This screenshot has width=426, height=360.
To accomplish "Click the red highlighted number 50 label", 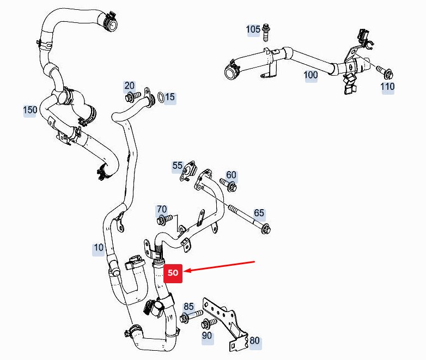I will (x=173, y=273).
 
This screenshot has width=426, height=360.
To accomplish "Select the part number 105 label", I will (x=253, y=29).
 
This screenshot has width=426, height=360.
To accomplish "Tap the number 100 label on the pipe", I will (x=311, y=75).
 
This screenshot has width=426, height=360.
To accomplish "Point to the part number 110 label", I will (x=388, y=87).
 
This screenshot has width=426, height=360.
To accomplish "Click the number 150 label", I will (x=30, y=110).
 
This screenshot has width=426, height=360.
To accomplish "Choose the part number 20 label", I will (x=129, y=86).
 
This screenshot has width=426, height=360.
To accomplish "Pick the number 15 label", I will (x=170, y=97).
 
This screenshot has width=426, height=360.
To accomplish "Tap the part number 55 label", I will (x=178, y=165).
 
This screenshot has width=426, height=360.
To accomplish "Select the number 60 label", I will (x=232, y=175).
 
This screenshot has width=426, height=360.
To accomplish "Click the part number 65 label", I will (x=259, y=212).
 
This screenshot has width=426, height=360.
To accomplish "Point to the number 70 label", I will (x=162, y=209).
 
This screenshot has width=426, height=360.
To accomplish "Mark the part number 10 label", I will (x=99, y=248).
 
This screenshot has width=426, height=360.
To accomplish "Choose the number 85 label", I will (x=188, y=306).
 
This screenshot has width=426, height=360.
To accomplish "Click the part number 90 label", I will (x=207, y=335).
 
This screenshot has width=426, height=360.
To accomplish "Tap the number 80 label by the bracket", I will (x=254, y=342).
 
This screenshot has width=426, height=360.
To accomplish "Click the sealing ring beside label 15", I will (x=162, y=98).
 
